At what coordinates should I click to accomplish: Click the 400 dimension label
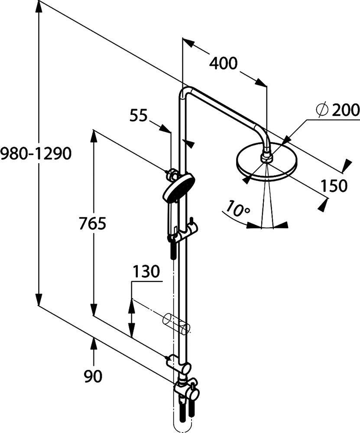[224, 64]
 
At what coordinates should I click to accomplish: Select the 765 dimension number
[92, 224]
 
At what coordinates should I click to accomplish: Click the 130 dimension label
[146, 272]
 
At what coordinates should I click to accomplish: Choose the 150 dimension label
[334, 186]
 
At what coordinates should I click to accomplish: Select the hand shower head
[178, 188]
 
